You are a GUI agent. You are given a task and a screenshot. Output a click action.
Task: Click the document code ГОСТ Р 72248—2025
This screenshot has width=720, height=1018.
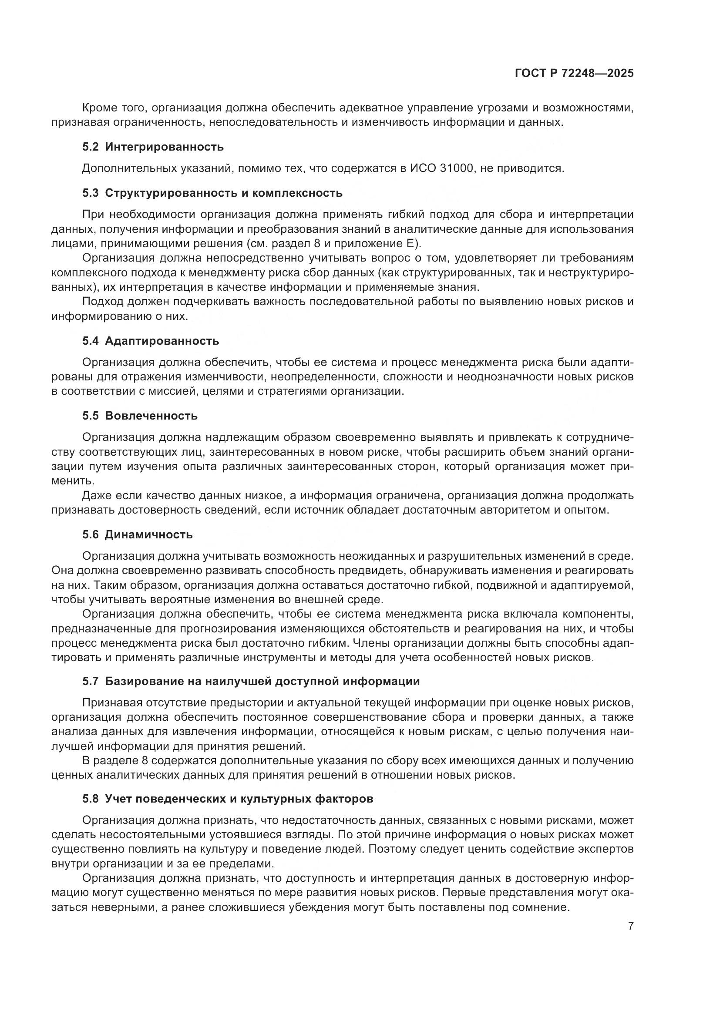[574, 74]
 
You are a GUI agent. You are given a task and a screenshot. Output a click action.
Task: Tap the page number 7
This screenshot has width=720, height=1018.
[630, 926]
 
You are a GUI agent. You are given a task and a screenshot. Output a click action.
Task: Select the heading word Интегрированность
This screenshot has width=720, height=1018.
[165, 147]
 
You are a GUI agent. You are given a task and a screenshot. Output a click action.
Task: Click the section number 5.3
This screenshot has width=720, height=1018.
[91, 193]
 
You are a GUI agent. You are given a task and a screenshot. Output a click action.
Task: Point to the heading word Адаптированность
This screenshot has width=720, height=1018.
[162, 341]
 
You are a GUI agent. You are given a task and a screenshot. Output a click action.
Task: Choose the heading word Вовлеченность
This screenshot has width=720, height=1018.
[151, 416]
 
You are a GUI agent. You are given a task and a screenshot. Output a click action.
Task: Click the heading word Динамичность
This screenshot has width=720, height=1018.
[148, 535]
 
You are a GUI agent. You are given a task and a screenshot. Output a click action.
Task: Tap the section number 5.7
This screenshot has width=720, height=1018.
[91, 682]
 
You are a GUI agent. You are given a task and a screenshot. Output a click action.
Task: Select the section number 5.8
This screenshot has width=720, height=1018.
[91, 799]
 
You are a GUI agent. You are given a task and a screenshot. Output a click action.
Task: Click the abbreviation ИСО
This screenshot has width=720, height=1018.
[421, 168]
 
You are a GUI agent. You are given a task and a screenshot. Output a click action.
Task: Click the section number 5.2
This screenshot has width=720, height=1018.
[91, 147]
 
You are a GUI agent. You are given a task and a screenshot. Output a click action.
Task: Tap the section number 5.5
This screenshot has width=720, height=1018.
[91, 416]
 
